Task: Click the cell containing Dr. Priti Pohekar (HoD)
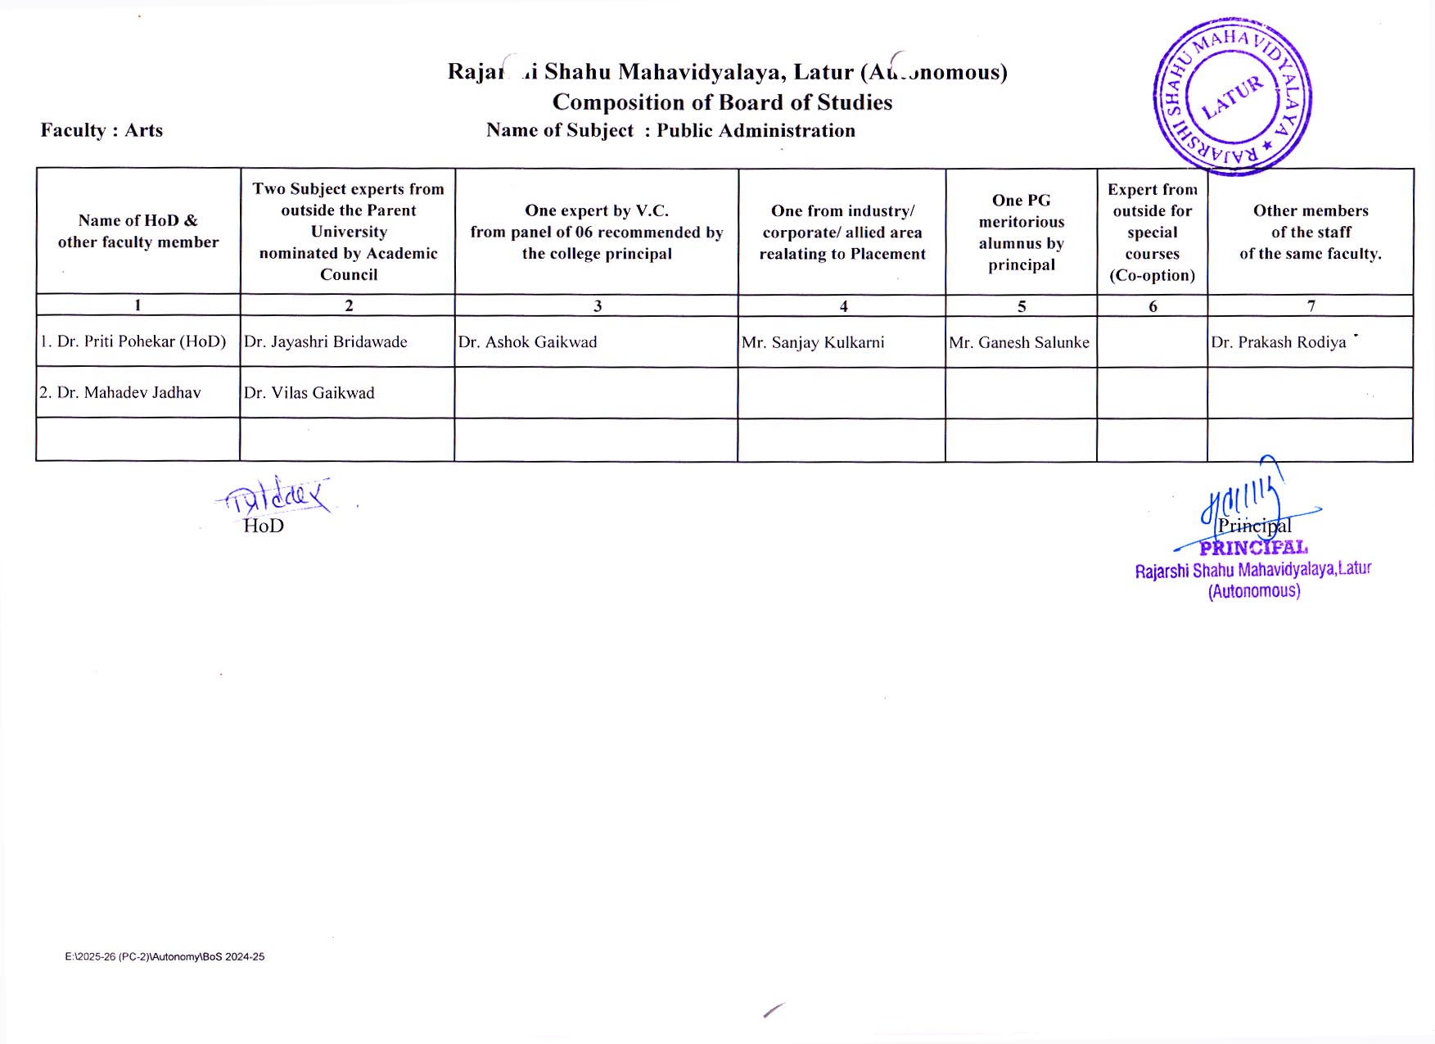[x=133, y=341]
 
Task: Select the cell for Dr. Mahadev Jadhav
[x=120, y=393]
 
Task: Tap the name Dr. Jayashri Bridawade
[x=326, y=342]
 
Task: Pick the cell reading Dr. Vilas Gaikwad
[x=309, y=393]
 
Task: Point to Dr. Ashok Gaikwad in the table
[x=528, y=342]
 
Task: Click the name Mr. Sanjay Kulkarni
[x=813, y=342]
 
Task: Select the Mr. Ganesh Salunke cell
[x=1019, y=342]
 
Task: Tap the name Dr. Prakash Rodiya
[x=1279, y=342]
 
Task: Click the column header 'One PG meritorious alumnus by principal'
[x=1021, y=233]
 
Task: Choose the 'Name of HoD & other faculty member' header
[x=138, y=231]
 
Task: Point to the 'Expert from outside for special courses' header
[x=1152, y=233]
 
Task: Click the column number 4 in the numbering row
[x=843, y=306]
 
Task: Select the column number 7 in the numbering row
[x=1311, y=306]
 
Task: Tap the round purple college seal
[x=1233, y=97]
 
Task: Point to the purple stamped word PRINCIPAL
[x=1253, y=548]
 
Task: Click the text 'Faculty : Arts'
[x=102, y=130]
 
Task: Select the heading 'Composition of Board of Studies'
[x=722, y=102]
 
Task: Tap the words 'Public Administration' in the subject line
[x=756, y=131]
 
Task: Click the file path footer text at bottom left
[x=165, y=956]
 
